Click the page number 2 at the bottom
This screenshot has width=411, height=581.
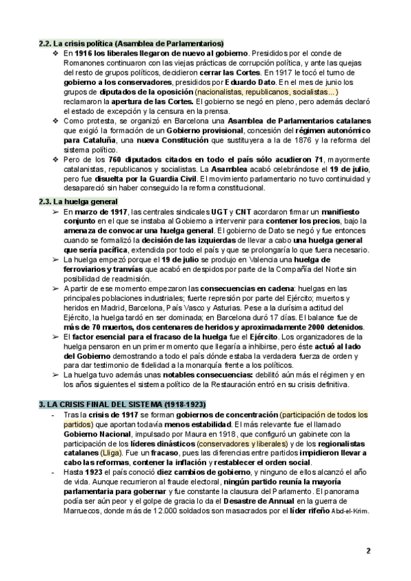click(x=368, y=551)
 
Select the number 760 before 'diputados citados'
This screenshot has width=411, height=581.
click(x=106, y=159)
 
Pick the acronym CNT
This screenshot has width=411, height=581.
click(x=242, y=212)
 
